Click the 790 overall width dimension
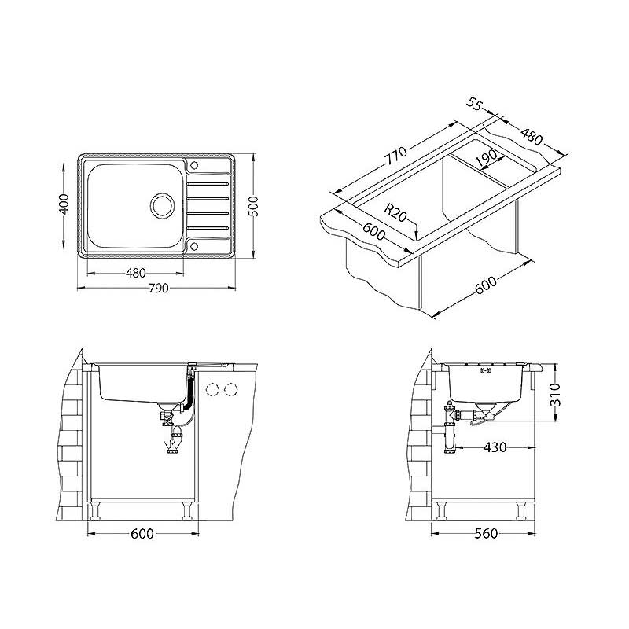pyautogui.click(x=159, y=289)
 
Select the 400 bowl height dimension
pyautogui.click(x=64, y=204)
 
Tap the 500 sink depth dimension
pyautogui.click(x=253, y=206)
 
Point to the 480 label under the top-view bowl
pyautogui.click(x=135, y=274)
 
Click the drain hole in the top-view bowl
pyautogui.click(x=163, y=206)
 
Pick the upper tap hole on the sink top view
pyautogui.click(x=194, y=165)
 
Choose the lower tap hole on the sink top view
pyautogui.click(x=194, y=245)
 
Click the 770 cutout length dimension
pyautogui.click(x=396, y=156)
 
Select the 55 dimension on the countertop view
pyautogui.click(x=474, y=105)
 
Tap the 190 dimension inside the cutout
pyautogui.click(x=486, y=159)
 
